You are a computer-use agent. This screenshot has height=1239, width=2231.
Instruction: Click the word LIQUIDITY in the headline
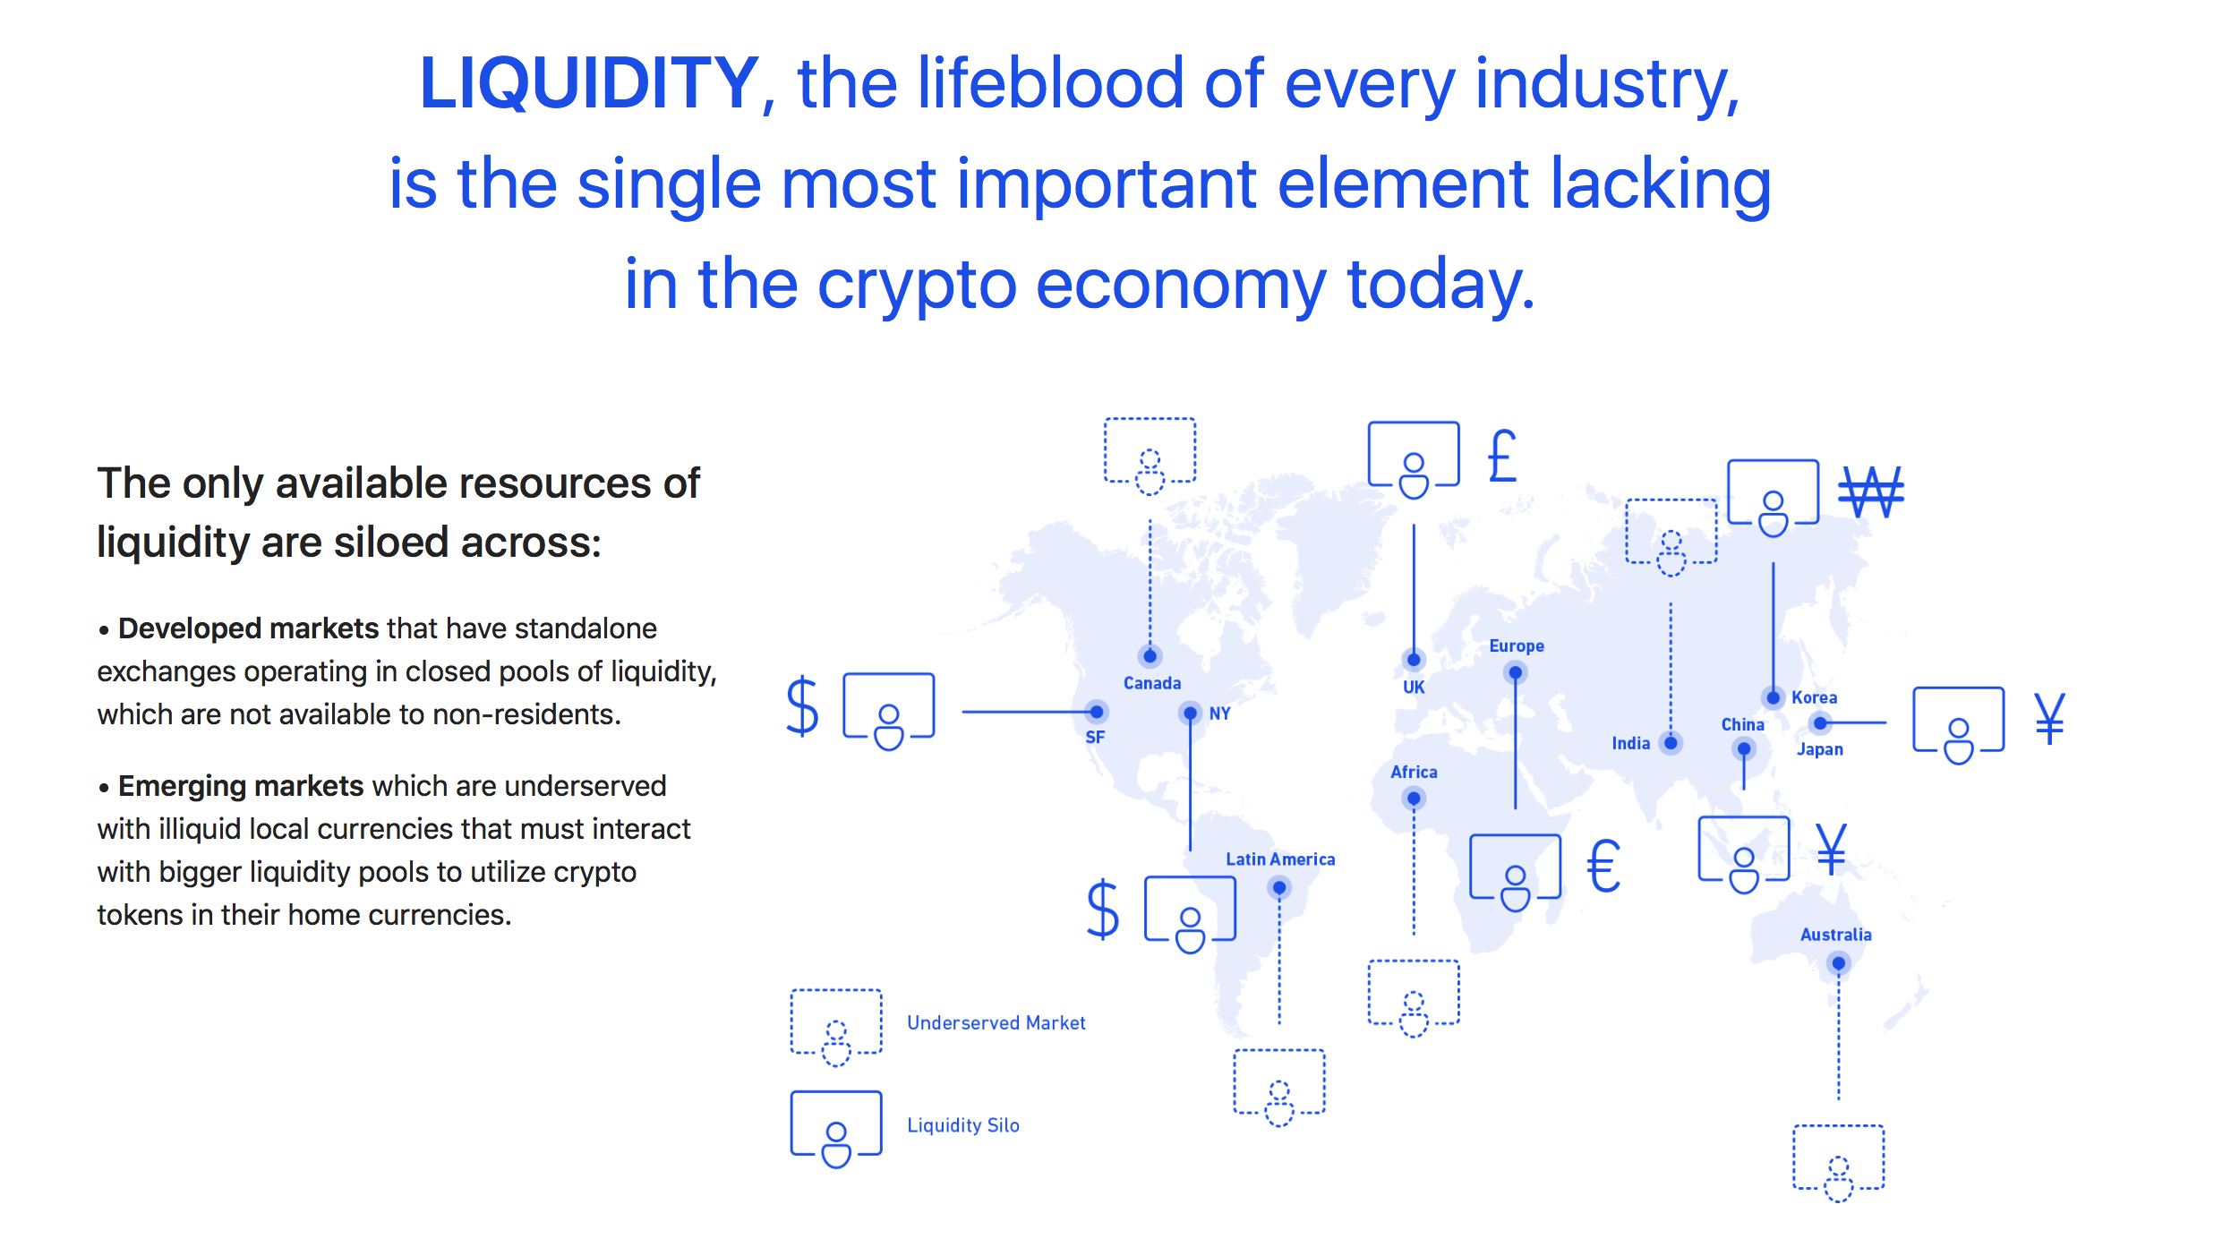pos(589,83)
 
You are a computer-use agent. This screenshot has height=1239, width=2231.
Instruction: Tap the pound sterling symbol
pos(1502,456)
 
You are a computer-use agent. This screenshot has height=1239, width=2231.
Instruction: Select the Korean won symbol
pos(1871,491)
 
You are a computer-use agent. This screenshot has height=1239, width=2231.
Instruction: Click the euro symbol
pos(1603,866)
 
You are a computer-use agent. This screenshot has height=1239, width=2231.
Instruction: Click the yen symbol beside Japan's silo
pos(2049,718)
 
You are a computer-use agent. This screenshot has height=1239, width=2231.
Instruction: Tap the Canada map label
pos(1152,683)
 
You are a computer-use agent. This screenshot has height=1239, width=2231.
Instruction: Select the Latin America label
pos(1280,859)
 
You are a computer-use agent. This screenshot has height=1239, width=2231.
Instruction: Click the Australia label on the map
pos(1835,935)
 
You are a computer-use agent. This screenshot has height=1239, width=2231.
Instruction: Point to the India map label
pos(1630,743)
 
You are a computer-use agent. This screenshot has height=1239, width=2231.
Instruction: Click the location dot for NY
pos(1190,713)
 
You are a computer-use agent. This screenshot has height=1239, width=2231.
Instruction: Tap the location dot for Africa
pos(1414,798)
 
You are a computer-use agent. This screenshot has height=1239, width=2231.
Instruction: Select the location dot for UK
pos(1414,660)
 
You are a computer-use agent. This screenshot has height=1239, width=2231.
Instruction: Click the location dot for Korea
pos(1773,697)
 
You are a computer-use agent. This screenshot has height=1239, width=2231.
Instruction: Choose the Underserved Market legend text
pos(996,1022)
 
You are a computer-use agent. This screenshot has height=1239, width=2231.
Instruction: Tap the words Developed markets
pos(249,628)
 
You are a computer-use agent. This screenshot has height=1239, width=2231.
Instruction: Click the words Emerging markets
pos(241,786)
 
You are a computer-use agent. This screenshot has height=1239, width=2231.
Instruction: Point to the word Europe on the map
pos(1517,645)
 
